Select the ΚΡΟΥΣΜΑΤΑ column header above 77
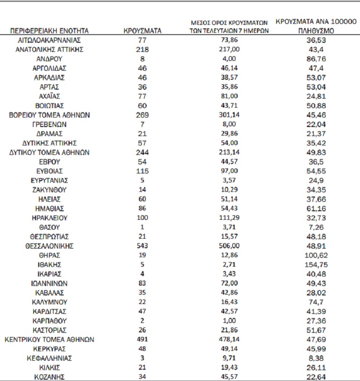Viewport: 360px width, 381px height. pyautogui.click(x=142, y=31)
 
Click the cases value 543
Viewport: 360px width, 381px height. pyautogui.click(x=142, y=246)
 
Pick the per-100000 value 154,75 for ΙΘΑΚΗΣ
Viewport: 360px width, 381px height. pyautogui.click(x=315, y=264)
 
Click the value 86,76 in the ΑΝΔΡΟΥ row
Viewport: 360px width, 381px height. pyautogui.click(x=315, y=59)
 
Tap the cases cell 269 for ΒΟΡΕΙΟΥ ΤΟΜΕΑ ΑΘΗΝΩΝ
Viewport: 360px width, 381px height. pyautogui.click(x=142, y=115)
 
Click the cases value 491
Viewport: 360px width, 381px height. pyautogui.click(x=142, y=339)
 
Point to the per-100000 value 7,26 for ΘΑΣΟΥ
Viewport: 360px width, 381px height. pyautogui.click(x=315, y=227)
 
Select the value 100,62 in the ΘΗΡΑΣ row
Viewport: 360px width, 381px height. pyautogui.click(x=315, y=255)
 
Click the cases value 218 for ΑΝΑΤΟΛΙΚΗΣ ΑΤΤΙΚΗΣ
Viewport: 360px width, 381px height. pyautogui.click(x=142, y=50)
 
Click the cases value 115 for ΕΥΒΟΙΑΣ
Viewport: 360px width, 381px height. pyautogui.click(x=142, y=171)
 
